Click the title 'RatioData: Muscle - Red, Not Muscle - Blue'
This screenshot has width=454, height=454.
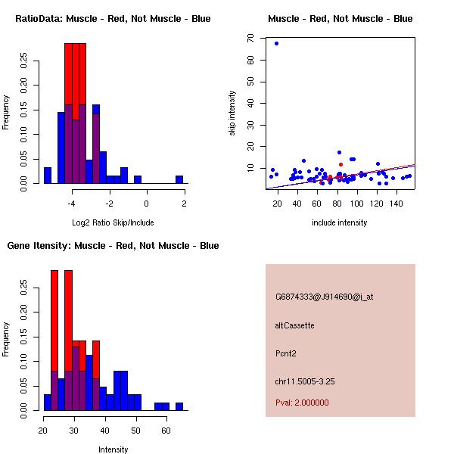pyautogui.click(x=113, y=19)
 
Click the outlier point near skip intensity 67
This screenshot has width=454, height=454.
pyautogui.click(x=277, y=43)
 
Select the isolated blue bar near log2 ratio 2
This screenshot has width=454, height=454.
pyautogui.click(x=179, y=179)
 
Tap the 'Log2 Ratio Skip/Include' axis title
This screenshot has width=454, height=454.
pyautogui.click(x=113, y=222)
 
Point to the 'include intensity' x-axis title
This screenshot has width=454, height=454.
pyautogui.click(x=340, y=222)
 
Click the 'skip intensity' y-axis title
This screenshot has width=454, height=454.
pyautogui.click(x=232, y=113)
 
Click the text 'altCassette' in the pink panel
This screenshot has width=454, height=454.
pyautogui.click(x=295, y=325)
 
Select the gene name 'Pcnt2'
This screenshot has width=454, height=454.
pyautogui.click(x=286, y=353)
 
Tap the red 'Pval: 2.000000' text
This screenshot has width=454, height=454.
pyautogui.click(x=303, y=403)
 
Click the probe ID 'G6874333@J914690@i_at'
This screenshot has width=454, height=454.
pyautogui.click(x=325, y=297)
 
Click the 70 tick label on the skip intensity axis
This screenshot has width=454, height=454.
pyautogui.click(x=250, y=37)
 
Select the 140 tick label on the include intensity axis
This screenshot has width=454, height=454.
pyautogui.click(x=396, y=203)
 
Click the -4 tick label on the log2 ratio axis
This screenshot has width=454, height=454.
pyautogui.click(x=71, y=203)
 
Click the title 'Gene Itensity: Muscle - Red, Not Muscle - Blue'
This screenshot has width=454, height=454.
pyautogui.click(x=113, y=246)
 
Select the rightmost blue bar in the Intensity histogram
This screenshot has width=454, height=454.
pyautogui.click(x=179, y=406)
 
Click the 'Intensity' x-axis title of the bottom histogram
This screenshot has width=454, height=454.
pyautogui.click(x=113, y=449)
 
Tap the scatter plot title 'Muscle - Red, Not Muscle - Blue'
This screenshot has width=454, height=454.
pyautogui.click(x=340, y=19)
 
